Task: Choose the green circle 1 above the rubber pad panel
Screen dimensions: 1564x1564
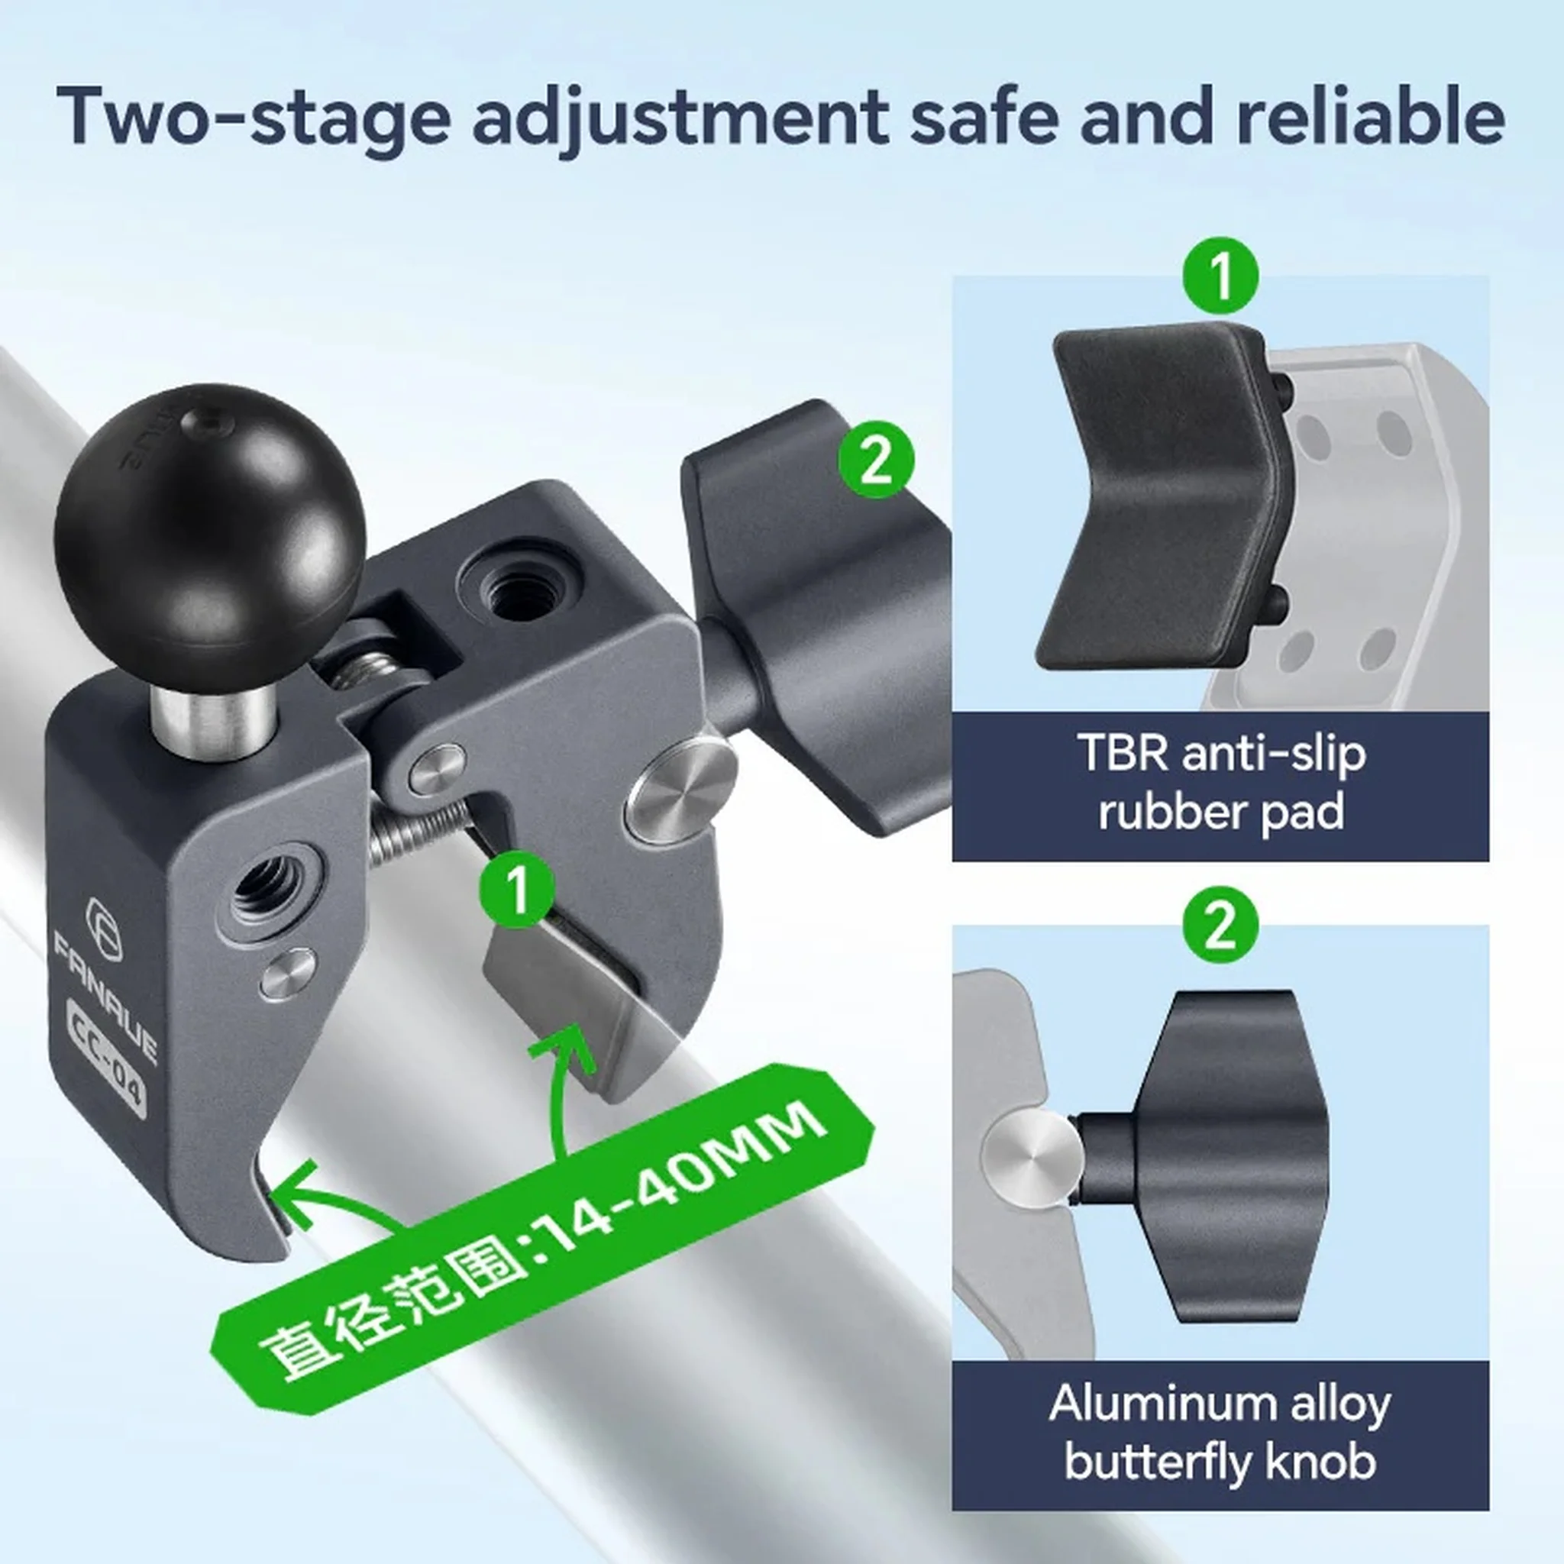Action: pos(1221,276)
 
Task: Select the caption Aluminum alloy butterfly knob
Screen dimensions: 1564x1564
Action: pos(1221,1433)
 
